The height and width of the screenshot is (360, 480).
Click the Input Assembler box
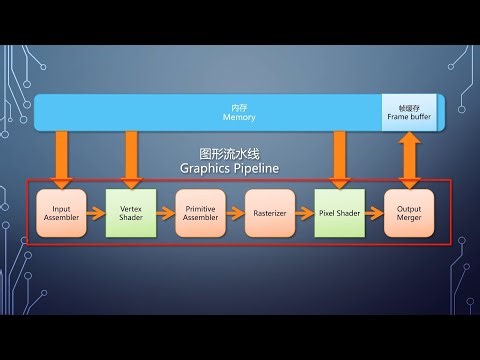pyautogui.click(x=61, y=213)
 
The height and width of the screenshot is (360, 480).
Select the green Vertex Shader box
pyautogui.click(x=130, y=213)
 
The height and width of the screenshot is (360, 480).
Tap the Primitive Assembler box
pyautogui.click(x=200, y=213)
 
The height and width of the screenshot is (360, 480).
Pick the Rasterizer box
pyautogui.click(x=270, y=213)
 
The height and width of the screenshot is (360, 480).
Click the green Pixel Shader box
pyautogui.click(x=340, y=213)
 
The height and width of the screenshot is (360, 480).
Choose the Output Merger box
pyautogui.click(x=410, y=213)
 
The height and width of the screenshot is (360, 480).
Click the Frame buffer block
pyautogui.click(x=407, y=112)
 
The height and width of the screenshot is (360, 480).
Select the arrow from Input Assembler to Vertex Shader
pyautogui.click(x=96, y=213)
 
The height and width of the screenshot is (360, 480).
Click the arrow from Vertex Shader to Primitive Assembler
pyautogui.click(x=165, y=213)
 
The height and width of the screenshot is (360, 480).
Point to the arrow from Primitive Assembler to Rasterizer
pyautogui.click(x=235, y=213)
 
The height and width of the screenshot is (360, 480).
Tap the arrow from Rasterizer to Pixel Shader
pyautogui.click(x=305, y=213)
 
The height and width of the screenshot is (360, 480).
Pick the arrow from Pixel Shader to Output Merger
pyautogui.click(x=375, y=213)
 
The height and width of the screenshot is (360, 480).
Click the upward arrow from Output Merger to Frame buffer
pyautogui.click(x=410, y=158)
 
